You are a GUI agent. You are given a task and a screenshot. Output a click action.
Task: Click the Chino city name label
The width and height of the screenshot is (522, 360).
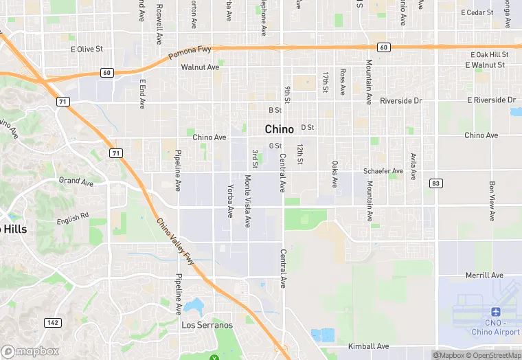tap(280, 129)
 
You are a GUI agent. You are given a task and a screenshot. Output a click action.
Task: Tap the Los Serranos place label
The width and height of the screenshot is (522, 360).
tap(207, 325)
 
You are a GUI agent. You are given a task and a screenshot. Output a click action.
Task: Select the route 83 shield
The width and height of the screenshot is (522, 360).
tap(435, 183)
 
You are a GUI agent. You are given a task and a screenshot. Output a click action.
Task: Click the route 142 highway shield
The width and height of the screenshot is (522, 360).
tap(52, 322)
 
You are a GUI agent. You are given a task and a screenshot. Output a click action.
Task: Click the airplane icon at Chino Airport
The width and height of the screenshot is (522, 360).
tap(496, 312)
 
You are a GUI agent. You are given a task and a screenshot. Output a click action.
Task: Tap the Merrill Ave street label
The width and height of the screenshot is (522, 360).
tap(484, 275)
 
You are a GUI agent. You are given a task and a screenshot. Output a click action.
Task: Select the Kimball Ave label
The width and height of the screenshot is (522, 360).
tap(369, 346)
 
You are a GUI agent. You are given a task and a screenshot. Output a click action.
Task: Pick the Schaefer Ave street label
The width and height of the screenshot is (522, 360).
tap(383, 171)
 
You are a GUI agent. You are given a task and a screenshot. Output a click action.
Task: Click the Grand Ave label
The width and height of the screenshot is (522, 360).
tap(76, 181)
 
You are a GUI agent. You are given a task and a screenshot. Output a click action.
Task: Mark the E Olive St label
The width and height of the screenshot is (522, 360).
tap(87, 49)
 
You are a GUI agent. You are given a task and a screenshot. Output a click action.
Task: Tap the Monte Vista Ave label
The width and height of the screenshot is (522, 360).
tap(247, 201)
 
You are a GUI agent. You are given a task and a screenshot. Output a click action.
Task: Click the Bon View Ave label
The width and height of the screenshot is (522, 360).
tap(492, 201)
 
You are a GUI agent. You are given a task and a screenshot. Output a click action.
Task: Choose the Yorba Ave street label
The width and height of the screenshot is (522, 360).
tap(230, 201)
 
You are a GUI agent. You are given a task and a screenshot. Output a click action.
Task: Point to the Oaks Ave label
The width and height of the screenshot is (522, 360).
tap(334, 174)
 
